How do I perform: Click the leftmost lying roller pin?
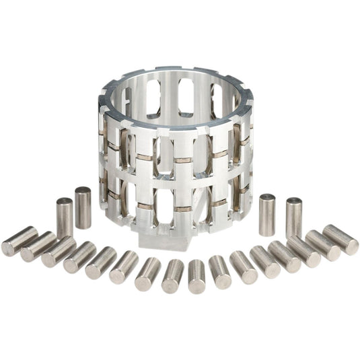tap(19, 240)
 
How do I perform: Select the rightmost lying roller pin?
tap(340, 239)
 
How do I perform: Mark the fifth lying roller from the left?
tap(101, 262)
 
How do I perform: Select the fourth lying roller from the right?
tap(284, 256)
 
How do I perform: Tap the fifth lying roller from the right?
tap(264, 261)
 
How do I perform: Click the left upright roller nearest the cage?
tap(83, 207)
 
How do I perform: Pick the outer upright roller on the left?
tap(65, 217)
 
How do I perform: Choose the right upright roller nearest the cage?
tap(267, 214)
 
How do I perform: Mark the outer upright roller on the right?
tap(293, 217)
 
